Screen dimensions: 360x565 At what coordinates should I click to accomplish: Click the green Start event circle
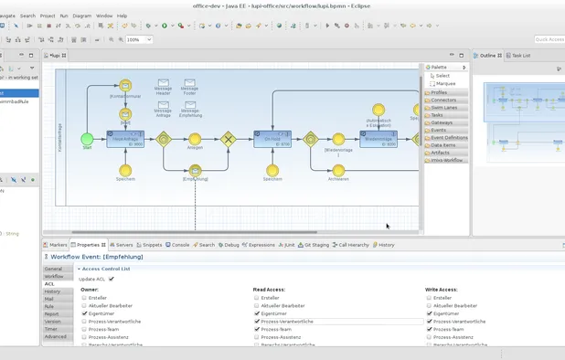click(87, 139)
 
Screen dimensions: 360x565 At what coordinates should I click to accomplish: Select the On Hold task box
click(272, 139)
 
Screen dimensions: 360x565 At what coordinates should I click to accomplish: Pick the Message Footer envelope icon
click(189, 83)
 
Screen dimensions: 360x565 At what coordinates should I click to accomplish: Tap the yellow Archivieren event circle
click(338, 170)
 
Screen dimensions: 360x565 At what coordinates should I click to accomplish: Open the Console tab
click(177, 245)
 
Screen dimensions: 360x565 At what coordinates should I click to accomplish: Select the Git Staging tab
click(314, 245)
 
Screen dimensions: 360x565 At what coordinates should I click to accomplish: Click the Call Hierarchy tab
click(351, 245)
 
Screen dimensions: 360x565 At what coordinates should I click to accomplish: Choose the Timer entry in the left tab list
click(51, 329)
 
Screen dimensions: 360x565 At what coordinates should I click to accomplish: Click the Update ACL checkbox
click(112, 279)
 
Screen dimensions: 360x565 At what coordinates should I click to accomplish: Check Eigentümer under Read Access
click(257, 313)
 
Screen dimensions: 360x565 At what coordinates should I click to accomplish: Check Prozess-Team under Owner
click(84, 329)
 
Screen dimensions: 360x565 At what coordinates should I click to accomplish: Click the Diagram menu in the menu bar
click(81, 16)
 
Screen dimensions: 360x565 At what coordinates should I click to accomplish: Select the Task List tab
click(519, 56)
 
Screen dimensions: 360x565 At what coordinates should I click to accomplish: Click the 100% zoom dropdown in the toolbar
click(139, 40)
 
